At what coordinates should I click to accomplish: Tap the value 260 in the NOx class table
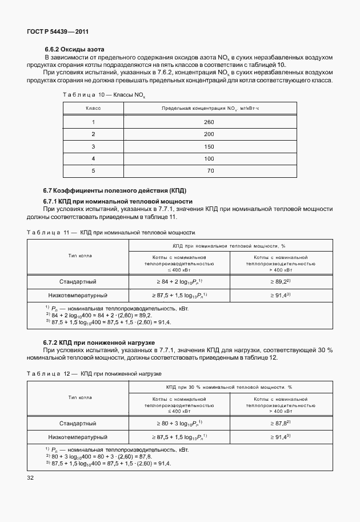coord(209,122)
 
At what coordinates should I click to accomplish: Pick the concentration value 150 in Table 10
coord(209,146)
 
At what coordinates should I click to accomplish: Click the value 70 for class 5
coord(210,170)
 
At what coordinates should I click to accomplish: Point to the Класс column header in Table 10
coord(93,107)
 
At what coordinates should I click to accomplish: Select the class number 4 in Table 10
coord(93,158)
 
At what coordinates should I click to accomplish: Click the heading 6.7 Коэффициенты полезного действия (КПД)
coord(115,190)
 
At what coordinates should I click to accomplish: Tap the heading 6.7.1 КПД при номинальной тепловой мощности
coord(118,202)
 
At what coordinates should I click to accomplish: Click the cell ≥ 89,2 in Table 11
coord(281,282)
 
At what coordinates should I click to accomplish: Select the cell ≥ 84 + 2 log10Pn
coord(179,282)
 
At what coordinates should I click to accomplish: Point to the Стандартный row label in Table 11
coord(78,282)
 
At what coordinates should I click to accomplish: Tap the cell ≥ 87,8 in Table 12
coord(281,423)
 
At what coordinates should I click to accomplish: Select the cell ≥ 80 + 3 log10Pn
coord(179,423)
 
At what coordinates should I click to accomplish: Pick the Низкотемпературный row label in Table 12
coord(78,437)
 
